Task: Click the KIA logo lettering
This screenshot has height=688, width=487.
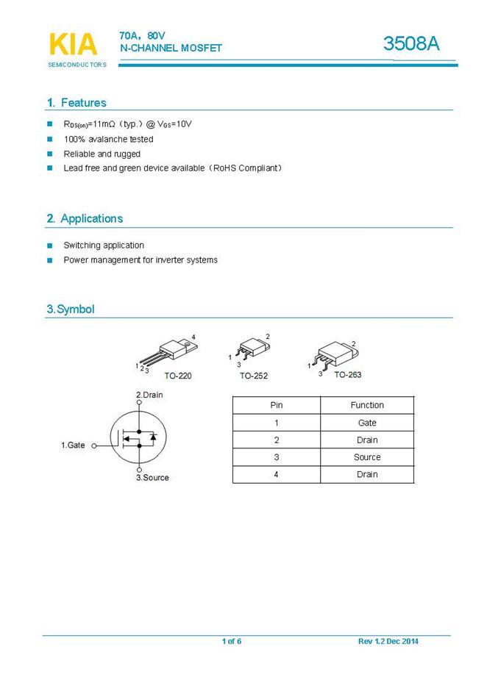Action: point(73,44)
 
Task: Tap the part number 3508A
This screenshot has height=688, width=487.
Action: point(411,44)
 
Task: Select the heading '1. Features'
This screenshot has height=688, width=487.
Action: point(77,103)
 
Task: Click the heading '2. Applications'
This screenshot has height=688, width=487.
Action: point(85,218)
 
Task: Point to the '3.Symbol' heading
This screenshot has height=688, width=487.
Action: point(71,309)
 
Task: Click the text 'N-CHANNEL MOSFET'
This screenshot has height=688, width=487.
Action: point(171,48)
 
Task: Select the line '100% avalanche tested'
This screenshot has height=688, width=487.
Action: point(108,139)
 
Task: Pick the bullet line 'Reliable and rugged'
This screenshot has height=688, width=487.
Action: point(102,154)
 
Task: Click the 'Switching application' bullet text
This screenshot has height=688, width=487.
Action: point(104,246)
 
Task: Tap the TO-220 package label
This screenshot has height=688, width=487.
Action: point(178,376)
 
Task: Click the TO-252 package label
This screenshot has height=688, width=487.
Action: point(254,376)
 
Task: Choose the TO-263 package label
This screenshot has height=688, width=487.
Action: point(348,374)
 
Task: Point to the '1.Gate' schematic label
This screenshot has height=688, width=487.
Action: point(73,445)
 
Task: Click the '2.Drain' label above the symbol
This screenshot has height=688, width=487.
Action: point(149,395)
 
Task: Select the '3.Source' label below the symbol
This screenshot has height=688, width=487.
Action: point(152,478)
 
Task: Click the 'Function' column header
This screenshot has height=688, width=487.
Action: point(367,405)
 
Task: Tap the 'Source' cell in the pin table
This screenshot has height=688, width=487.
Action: point(367,457)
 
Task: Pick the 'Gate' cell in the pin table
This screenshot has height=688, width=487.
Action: point(367,423)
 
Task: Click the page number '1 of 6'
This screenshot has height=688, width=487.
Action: point(232,642)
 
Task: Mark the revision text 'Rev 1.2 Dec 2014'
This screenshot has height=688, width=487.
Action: point(388,642)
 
